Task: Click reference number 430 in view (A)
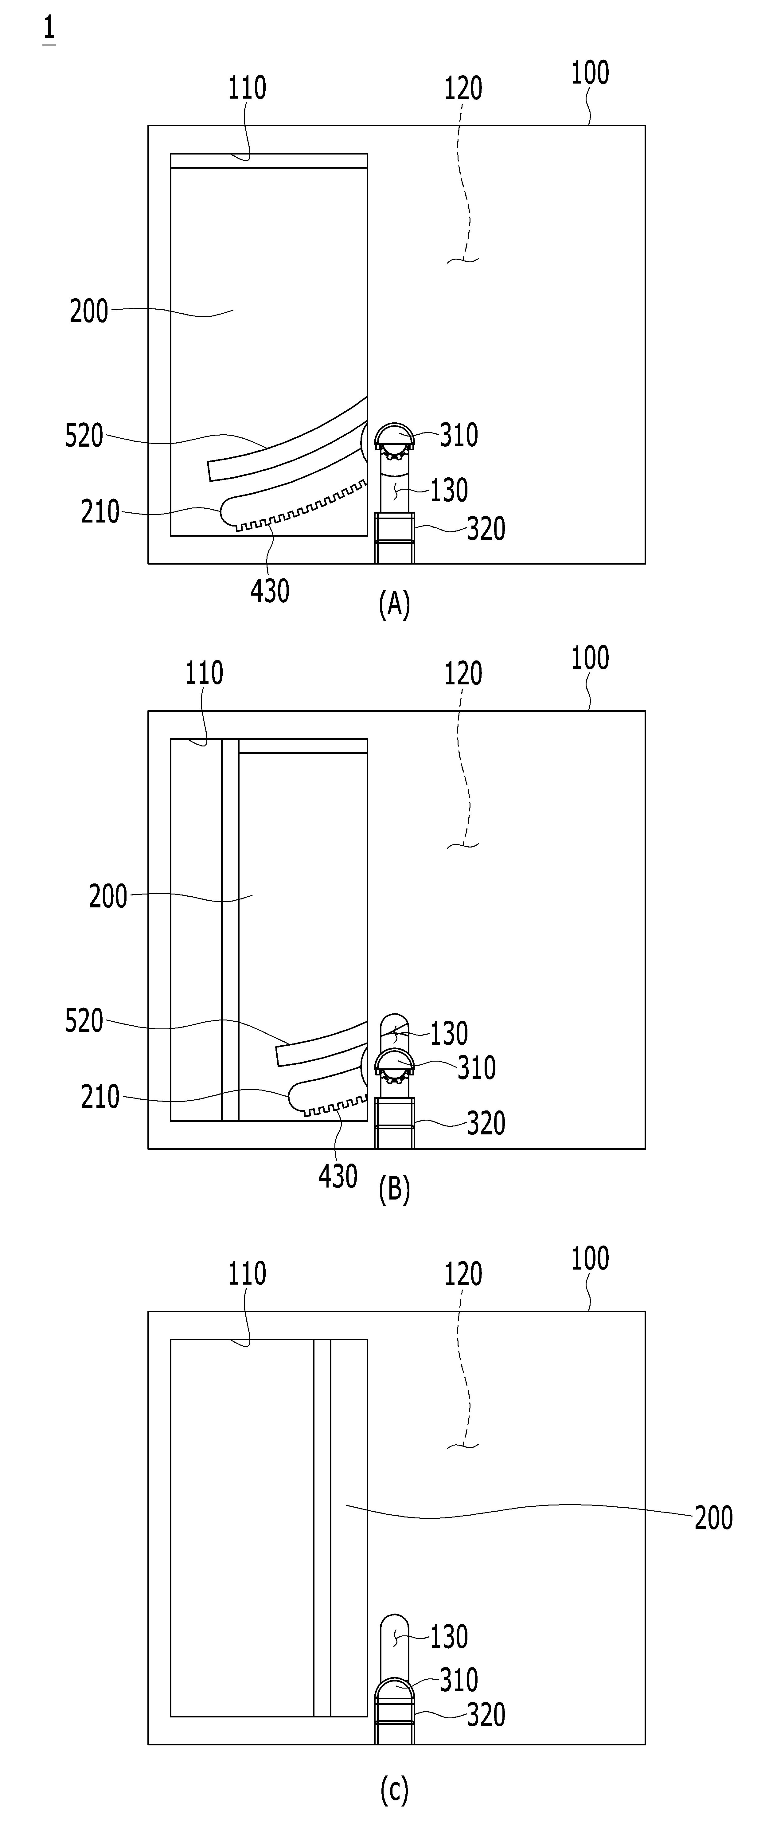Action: tap(270, 590)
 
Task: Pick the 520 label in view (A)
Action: tap(84, 435)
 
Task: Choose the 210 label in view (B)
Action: tap(100, 1097)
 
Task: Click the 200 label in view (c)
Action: tap(713, 1518)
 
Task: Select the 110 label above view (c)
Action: tap(247, 1273)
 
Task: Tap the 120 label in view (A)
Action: tap(463, 88)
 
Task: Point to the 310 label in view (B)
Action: tap(477, 1067)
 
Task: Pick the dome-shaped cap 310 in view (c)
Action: tap(394, 1685)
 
